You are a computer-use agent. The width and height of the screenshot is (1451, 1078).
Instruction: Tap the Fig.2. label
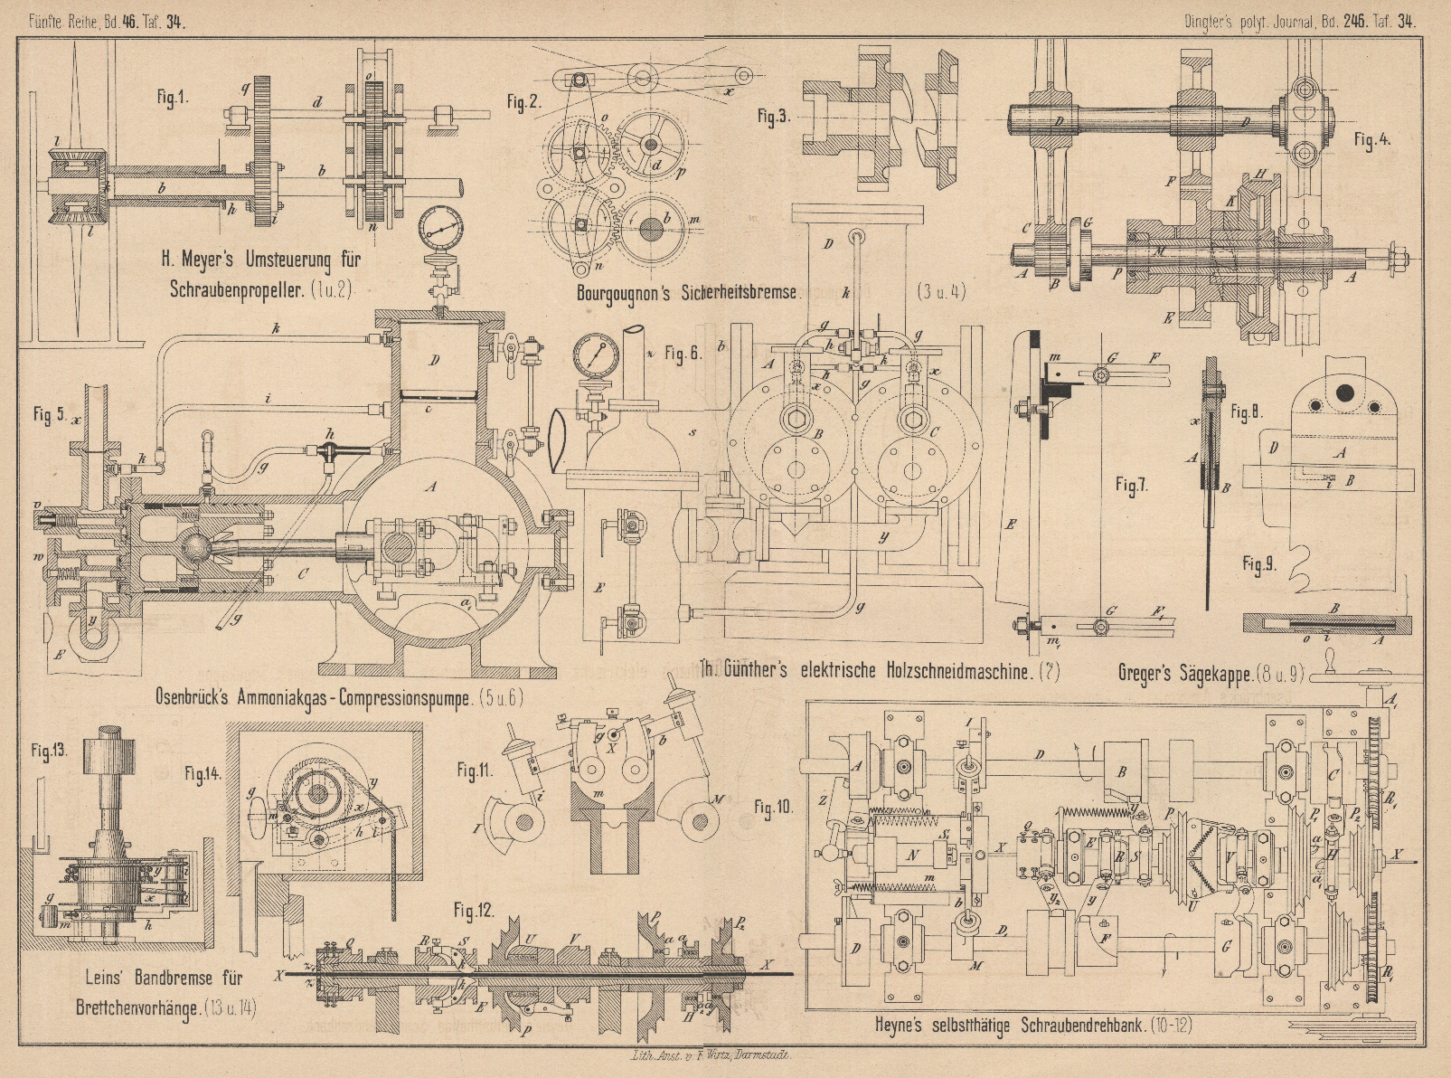[523, 101]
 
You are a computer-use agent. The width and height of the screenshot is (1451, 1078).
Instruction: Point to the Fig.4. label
[1372, 139]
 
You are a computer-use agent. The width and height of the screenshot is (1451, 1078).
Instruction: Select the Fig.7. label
[1131, 486]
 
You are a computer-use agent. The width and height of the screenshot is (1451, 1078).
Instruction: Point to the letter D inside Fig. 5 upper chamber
[435, 360]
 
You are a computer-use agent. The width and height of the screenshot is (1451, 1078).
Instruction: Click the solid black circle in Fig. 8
[1347, 392]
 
